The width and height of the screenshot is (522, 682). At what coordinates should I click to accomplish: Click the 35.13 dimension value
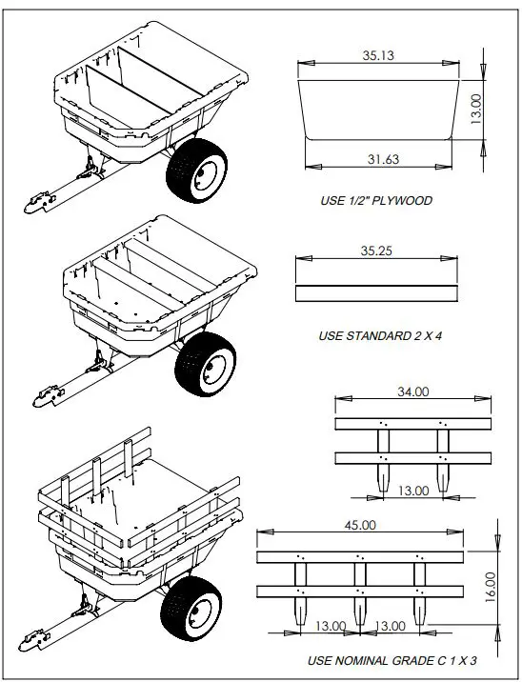(378, 56)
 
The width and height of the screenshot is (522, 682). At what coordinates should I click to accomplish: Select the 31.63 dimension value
(382, 159)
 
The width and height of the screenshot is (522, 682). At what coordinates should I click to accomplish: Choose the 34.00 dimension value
(413, 391)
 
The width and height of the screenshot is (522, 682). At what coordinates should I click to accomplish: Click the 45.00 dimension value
(359, 525)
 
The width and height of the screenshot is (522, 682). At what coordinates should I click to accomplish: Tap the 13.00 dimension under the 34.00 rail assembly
(413, 491)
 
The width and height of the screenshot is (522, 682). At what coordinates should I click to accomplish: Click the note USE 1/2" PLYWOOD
(376, 201)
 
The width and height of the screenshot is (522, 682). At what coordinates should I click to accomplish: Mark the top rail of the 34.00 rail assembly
(412, 423)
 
